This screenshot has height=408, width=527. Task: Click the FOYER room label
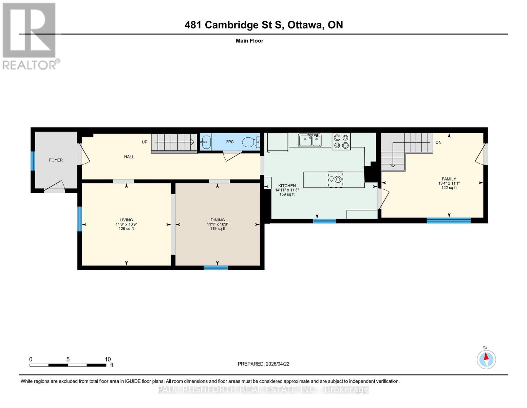[56, 160]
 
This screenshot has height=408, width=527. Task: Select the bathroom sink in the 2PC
[205, 142]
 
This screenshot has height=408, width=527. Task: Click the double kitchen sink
[310, 140]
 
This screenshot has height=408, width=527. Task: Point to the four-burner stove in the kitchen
[341, 141]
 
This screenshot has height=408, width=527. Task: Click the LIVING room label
[126, 220]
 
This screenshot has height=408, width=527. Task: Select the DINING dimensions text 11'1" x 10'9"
[218, 224]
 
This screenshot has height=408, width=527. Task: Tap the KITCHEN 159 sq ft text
[287, 194]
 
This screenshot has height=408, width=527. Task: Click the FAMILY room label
[449, 179]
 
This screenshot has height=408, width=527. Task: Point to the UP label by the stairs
[145, 142]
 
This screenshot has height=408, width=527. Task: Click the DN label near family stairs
[438, 142]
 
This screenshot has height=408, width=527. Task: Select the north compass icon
[486, 359]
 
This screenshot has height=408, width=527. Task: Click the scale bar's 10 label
[108, 359]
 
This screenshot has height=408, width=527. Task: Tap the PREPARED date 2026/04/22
[263, 364]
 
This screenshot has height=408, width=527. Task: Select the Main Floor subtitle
[249, 41]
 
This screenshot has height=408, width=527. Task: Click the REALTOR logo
[30, 36]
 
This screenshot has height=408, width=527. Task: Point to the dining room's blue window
[216, 268]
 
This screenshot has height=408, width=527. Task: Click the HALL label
[129, 157]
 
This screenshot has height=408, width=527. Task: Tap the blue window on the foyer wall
[33, 161]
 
